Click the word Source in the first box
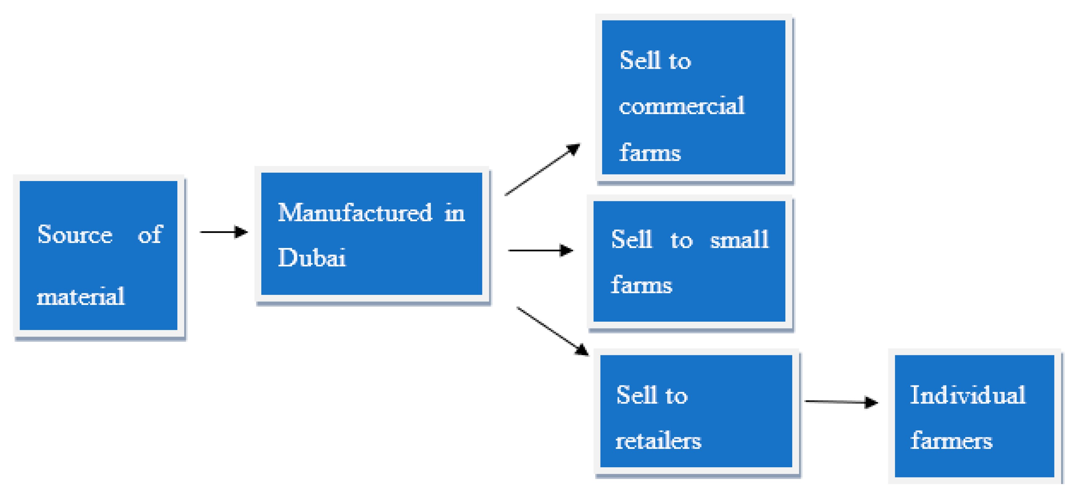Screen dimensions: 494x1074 75,234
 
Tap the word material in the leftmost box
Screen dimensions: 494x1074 81,297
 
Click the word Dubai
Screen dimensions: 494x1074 312,257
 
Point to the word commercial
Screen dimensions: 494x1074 682,105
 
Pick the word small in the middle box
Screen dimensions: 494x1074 739,240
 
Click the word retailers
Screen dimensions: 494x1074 658,440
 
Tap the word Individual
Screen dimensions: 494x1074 967,395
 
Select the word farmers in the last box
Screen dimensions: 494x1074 951,440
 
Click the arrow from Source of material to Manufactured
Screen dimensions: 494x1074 224,232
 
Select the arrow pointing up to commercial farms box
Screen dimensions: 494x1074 542,169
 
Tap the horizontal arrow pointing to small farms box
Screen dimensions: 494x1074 540,250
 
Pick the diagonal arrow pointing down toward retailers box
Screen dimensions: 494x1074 552,331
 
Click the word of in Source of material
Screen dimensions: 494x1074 150,234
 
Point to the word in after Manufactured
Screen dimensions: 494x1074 454,213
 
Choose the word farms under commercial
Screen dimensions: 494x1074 649,152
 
